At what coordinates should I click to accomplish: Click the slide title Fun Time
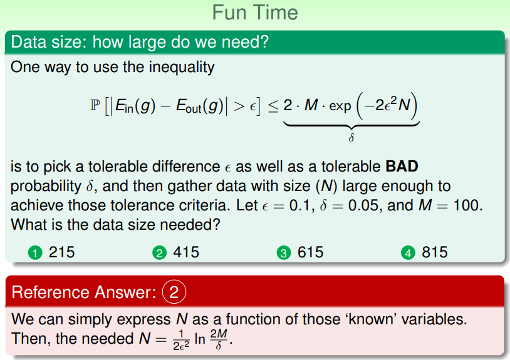[x=255, y=13]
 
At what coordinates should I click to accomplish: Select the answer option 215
[x=62, y=252]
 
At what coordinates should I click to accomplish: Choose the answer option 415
[x=186, y=252]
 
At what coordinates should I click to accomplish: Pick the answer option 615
[x=311, y=252]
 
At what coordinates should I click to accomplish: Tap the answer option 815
[x=435, y=252]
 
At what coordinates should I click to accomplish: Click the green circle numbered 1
[x=35, y=253]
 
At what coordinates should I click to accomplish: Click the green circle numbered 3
[x=284, y=253]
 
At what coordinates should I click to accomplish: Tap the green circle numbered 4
[x=409, y=253]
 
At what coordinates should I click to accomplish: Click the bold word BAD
[x=402, y=167]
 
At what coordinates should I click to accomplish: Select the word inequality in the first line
[x=182, y=68]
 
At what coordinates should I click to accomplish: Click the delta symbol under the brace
[x=351, y=138]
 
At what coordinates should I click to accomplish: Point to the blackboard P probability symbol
[x=95, y=106]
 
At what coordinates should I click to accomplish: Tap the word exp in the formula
[x=340, y=106]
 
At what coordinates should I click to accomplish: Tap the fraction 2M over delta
[x=219, y=339]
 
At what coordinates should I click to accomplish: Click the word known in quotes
[x=373, y=319]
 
